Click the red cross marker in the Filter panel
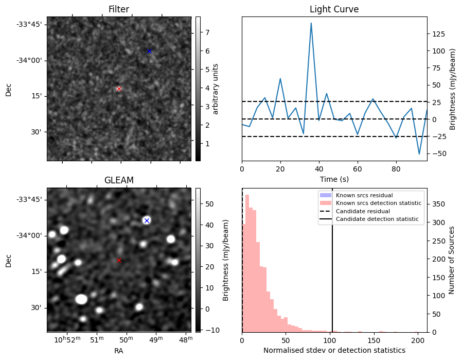point(119,89)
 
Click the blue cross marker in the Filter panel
point(149,51)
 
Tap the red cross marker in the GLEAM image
point(119,260)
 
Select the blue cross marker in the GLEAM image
point(147,220)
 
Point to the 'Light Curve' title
point(334,9)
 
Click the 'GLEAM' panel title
point(119,180)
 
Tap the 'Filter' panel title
point(119,9)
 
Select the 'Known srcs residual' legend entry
point(364,195)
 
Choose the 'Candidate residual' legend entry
point(363,212)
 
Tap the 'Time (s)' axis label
point(334,179)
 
